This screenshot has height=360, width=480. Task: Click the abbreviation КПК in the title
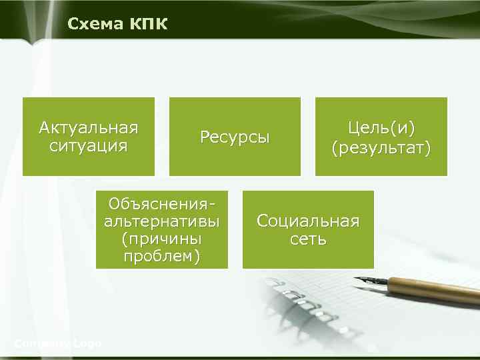[x=148, y=25]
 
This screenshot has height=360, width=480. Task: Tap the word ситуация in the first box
[x=88, y=145]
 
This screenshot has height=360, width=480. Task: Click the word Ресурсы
[x=235, y=137]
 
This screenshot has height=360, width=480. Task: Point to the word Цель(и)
[x=381, y=127]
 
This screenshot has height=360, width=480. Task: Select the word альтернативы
[x=161, y=221]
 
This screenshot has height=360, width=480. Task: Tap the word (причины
[x=161, y=239]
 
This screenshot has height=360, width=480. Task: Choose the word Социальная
[x=308, y=221]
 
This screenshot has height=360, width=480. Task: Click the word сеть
[x=308, y=239]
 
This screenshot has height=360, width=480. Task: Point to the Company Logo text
[x=57, y=343]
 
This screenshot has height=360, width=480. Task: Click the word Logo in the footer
[x=87, y=343]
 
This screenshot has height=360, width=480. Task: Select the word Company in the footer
[x=42, y=343]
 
